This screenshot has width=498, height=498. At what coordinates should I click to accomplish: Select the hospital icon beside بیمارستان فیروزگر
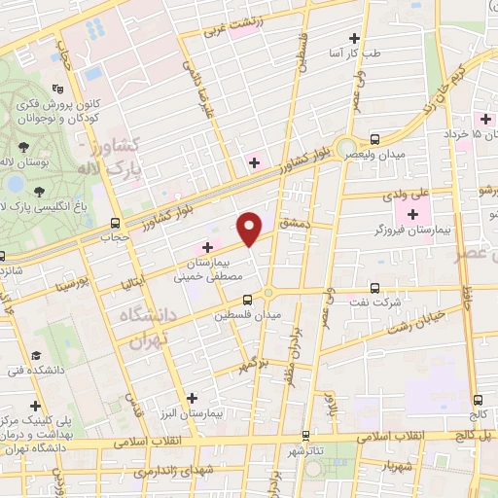415,214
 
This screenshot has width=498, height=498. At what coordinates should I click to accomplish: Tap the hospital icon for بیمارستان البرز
192,397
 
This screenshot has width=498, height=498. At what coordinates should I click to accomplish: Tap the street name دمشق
293,223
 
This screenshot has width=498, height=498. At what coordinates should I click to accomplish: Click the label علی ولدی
412,195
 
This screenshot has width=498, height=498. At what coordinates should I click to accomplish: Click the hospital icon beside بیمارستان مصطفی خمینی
207,248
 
